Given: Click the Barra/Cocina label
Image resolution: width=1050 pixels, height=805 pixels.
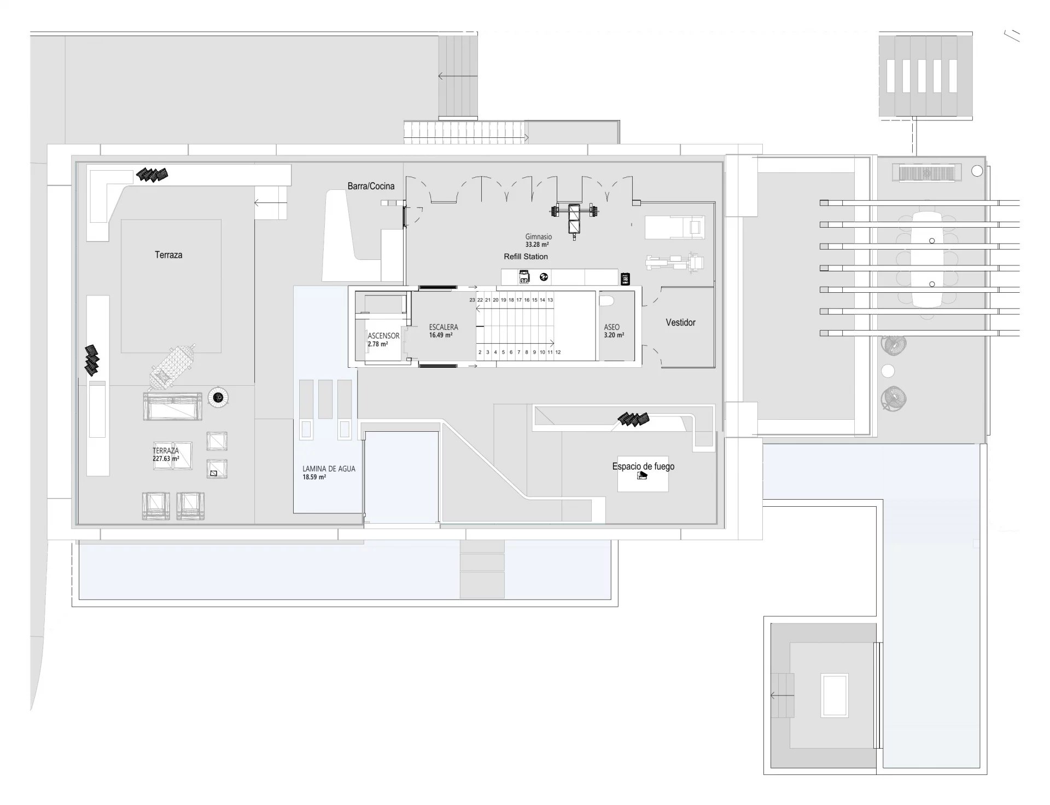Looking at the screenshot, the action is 371,186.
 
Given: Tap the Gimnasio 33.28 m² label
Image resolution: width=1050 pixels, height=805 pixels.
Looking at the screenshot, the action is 538,241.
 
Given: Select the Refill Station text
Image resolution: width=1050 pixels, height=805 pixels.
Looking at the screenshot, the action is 526,256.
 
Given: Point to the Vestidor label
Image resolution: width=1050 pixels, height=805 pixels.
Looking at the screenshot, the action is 680,322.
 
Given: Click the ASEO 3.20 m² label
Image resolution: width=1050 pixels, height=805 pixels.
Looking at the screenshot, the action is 614,331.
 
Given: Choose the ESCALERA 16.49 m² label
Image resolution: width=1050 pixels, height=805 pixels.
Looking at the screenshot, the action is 443,331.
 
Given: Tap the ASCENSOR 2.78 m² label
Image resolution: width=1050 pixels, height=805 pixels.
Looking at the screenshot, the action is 383,340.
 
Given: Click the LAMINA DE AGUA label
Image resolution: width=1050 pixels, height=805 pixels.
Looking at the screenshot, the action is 329,469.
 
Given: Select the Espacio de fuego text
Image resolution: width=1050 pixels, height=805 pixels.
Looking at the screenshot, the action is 643,466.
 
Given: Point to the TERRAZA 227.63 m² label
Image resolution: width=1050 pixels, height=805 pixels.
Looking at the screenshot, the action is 166,455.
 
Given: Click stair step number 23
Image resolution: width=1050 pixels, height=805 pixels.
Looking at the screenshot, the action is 472,300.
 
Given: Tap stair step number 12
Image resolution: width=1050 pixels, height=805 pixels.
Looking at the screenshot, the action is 558,352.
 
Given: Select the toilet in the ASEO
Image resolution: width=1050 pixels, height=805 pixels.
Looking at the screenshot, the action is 606,300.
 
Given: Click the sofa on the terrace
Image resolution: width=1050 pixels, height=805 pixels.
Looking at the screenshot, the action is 173,406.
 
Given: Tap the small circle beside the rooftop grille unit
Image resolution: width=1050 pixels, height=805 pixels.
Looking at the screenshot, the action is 977,171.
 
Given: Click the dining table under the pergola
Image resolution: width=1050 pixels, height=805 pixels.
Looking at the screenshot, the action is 926,259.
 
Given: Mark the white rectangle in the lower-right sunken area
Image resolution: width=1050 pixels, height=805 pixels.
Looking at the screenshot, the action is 834,695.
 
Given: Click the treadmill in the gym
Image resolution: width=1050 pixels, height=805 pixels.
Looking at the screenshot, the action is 675,227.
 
